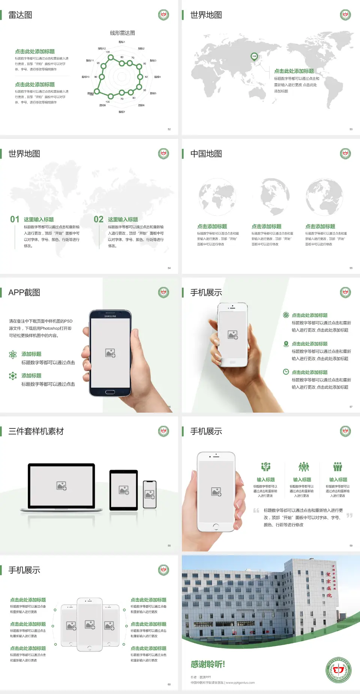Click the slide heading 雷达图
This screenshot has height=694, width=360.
pyautogui.click(x=20, y=15)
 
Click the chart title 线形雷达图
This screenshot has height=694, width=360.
pyautogui.click(x=122, y=33)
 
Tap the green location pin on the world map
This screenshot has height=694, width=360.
pyautogui.click(x=254, y=57)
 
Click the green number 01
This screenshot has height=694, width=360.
pyautogui.click(x=15, y=219)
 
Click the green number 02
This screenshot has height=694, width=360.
pyautogui.click(x=99, y=219)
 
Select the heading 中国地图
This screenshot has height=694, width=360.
pyautogui.click(x=206, y=154)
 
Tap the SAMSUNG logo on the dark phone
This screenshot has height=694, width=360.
pyautogui.click(x=110, y=316)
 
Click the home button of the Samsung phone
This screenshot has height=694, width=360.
pyautogui.click(x=110, y=392)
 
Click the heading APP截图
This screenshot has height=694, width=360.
pyautogui.click(x=24, y=293)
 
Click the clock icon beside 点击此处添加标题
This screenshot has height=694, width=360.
pyautogui.click(x=286, y=372)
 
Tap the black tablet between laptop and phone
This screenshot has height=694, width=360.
pyautogui.click(x=124, y=490)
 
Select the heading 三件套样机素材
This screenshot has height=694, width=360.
pyautogui.click(x=36, y=431)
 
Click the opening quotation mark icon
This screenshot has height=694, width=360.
pyautogui.click(x=256, y=510)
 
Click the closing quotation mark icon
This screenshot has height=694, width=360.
pyautogui.click(x=349, y=515)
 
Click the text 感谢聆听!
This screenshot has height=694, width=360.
pyautogui.click(x=208, y=664)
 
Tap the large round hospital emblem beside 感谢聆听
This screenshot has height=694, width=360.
pyautogui.click(x=338, y=670)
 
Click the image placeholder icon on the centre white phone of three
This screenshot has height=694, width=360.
pyautogui.click(x=90, y=625)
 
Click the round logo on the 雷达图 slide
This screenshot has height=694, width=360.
pyautogui.click(x=163, y=15)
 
